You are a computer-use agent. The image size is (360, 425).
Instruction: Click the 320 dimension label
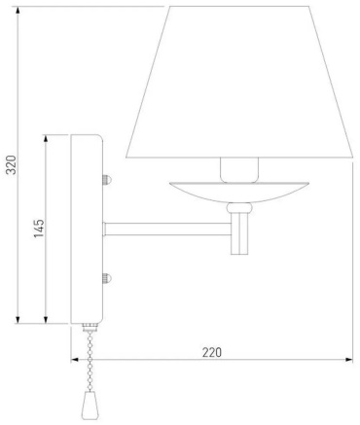(x=12, y=164)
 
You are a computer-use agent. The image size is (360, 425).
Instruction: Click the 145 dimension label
(x=39, y=229)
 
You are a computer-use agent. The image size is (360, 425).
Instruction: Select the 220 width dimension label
(x=212, y=352)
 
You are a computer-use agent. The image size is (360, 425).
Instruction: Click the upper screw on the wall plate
(x=107, y=179)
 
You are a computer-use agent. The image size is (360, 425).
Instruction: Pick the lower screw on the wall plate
(x=107, y=278)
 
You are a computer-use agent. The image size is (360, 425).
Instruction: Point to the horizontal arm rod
(x=167, y=230)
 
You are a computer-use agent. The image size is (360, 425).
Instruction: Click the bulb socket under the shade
(x=239, y=169)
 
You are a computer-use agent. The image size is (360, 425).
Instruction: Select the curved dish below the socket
(x=239, y=192)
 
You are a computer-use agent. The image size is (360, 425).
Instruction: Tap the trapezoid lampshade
(x=239, y=82)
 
